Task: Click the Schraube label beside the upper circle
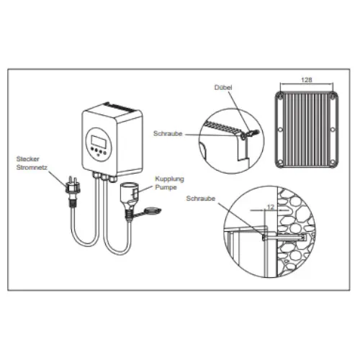coord(166,134)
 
